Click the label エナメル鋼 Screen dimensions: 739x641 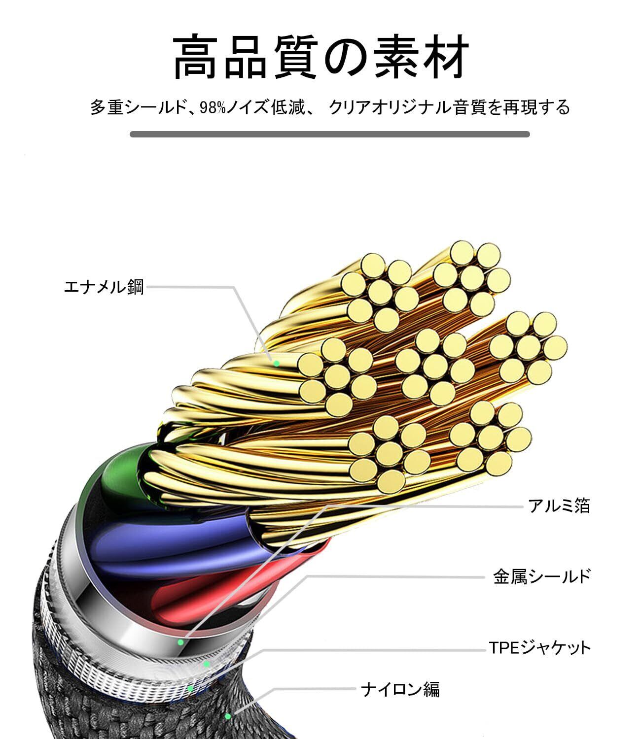coord(104,286)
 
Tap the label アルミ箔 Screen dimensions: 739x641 coord(559,506)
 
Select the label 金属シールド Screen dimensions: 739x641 coord(541,576)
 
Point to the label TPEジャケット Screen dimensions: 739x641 coord(539,647)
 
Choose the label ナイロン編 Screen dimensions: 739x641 coord(400,689)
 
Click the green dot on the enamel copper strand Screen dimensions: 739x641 coord(277,364)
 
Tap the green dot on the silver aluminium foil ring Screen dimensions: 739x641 coord(181,642)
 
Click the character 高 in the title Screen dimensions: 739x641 coord(198,58)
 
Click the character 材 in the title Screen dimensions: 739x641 coord(442,58)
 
